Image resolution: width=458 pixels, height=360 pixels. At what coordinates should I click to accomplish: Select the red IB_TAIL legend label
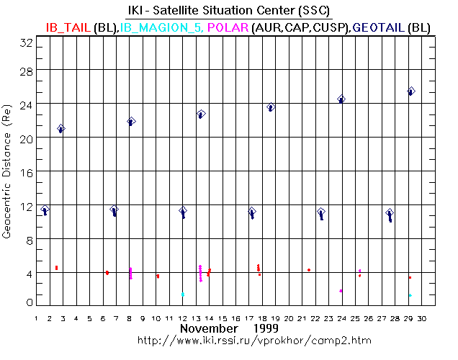coord(68,27)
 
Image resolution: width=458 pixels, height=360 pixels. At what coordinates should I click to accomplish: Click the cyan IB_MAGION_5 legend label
coord(161,27)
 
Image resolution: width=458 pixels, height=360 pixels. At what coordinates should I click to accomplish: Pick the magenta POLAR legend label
coord(228,27)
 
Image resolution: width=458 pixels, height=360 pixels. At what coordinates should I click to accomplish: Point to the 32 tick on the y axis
coord(26,42)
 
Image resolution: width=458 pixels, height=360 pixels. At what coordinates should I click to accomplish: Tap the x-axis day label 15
coord(223,318)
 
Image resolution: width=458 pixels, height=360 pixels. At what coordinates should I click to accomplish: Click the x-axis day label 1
coord(37,318)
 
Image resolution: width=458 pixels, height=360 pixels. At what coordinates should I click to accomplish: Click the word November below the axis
coord(208,328)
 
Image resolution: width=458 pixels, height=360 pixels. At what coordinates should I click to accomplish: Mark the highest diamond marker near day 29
coord(411,91)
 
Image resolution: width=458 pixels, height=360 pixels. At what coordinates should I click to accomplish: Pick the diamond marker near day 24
coord(341,99)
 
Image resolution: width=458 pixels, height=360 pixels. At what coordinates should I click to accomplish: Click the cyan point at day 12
coord(183,294)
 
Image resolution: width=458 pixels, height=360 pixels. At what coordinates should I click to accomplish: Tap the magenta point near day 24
coord(341,291)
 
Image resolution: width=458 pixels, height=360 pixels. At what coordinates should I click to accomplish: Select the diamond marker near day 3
coord(62,129)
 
